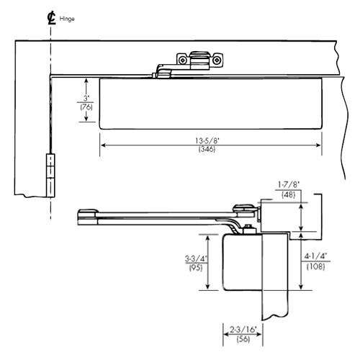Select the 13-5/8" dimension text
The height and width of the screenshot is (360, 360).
(210, 140)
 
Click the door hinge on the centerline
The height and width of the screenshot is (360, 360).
(50, 175)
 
